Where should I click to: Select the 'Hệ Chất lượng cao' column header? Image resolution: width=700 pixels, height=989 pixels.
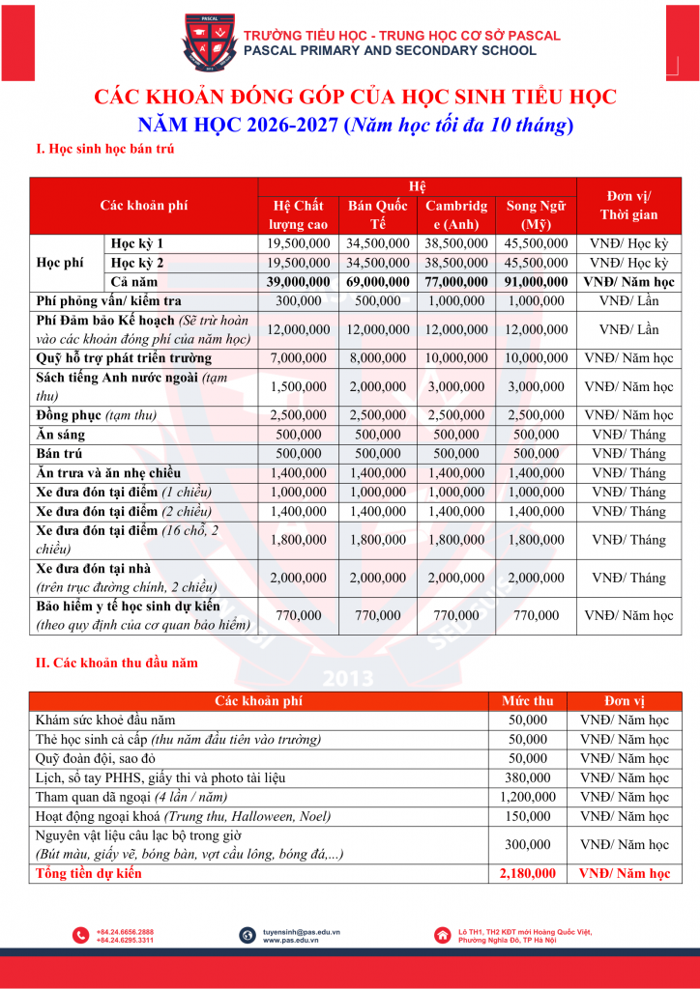[x=298, y=215]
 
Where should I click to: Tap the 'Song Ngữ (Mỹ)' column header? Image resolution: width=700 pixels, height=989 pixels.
[x=537, y=215]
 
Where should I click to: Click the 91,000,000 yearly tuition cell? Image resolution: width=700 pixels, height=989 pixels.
[x=537, y=282]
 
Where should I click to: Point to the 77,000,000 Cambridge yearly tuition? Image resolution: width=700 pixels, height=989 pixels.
[x=456, y=282]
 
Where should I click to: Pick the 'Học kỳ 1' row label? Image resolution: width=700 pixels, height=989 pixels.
[x=137, y=243]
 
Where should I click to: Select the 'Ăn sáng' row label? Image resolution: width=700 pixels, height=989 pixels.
[x=60, y=435]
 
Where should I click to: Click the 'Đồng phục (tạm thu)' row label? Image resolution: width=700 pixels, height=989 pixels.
[x=96, y=415]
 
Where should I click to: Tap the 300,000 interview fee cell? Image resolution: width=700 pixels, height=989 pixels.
[x=298, y=301]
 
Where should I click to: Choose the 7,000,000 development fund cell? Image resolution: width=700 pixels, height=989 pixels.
[x=298, y=358]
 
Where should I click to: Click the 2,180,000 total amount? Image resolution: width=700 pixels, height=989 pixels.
[x=528, y=873]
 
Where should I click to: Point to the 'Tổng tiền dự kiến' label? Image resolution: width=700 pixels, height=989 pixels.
[x=88, y=873]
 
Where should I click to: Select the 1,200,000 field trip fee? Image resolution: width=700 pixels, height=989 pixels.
[x=528, y=797]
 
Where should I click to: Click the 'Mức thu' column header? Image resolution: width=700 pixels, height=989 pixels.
[x=528, y=700]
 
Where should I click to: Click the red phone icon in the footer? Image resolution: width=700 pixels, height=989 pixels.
[x=80, y=935]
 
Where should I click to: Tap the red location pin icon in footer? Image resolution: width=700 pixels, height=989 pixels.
[x=442, y=935]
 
